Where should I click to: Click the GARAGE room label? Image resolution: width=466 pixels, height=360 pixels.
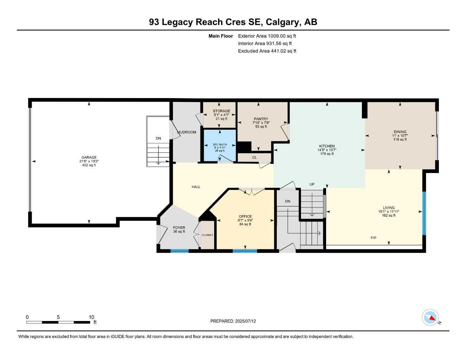click(x=89, y=157)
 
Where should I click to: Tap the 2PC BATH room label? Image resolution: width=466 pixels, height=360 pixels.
click(x=220, y=144)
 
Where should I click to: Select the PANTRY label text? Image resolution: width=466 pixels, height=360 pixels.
click(x=261, y=119)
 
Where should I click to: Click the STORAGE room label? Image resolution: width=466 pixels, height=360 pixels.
click(x=221, y=111)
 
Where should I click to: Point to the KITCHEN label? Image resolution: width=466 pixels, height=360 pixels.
click(x=327, y=146)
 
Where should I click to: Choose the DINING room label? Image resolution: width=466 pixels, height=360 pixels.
click(x=400, y=132)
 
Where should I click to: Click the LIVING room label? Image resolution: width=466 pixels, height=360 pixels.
click(x=389, y=208)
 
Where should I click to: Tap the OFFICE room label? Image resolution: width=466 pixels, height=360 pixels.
click(x=245, y=217)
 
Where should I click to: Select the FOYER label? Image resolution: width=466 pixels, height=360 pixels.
click(x=179, y=228)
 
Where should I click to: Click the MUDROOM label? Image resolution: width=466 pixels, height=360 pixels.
click(x=187, y=132)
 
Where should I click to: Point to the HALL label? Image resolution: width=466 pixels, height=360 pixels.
click(x=196, y=187)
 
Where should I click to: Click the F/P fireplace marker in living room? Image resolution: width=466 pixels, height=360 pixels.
click(x=374, y=238)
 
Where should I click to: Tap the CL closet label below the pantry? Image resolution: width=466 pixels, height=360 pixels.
click(x=254, y=157)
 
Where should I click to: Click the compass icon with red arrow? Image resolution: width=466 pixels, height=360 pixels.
click(x=430, y=317)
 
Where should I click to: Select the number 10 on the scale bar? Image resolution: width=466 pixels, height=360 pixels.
click(x=91, y=317)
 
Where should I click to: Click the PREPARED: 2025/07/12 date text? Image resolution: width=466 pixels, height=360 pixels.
click(x=233, y=321)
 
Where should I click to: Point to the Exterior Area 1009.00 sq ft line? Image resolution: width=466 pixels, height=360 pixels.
click(x=267, y=36)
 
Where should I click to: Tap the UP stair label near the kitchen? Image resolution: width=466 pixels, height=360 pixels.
click(x=312, y=184)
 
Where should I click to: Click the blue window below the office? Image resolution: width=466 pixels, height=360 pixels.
click(x=245, y=251)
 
